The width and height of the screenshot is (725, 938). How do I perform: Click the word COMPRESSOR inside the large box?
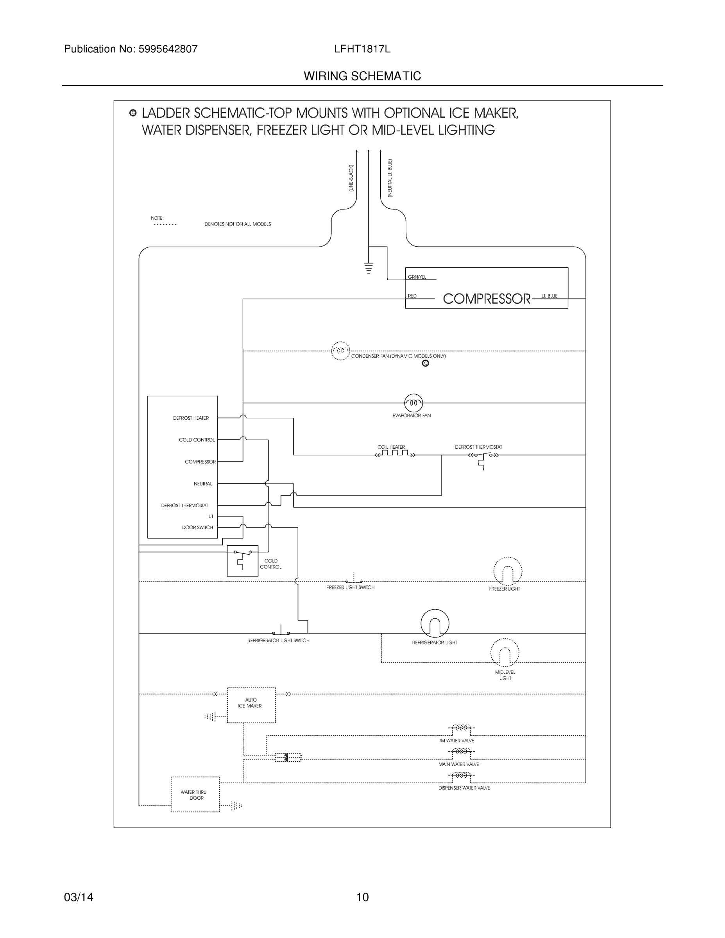point(486,299)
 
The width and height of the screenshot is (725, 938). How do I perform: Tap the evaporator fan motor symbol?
point(413,403)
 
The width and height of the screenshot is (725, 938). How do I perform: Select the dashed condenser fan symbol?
point(340,351)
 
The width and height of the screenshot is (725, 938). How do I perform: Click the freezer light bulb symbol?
point(508,572)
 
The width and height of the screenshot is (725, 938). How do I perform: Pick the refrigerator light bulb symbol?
point(435,623)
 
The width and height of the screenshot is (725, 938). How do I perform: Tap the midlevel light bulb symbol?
point(505,653)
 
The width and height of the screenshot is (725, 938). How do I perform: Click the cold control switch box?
point(242,560)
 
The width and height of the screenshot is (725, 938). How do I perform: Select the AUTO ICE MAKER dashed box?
point(251,705)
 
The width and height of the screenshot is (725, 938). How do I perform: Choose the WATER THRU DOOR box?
point(195,795)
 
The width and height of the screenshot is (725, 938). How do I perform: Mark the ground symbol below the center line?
point(369,268)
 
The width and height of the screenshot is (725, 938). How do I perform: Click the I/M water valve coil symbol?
point(461,728)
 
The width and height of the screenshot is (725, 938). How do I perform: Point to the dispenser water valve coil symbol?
point(461,775)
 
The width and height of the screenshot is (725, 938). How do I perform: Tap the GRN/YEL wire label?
point(417,277)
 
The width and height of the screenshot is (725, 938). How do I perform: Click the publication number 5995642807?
point(168,49)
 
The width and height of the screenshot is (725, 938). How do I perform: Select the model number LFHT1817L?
point(362,49)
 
